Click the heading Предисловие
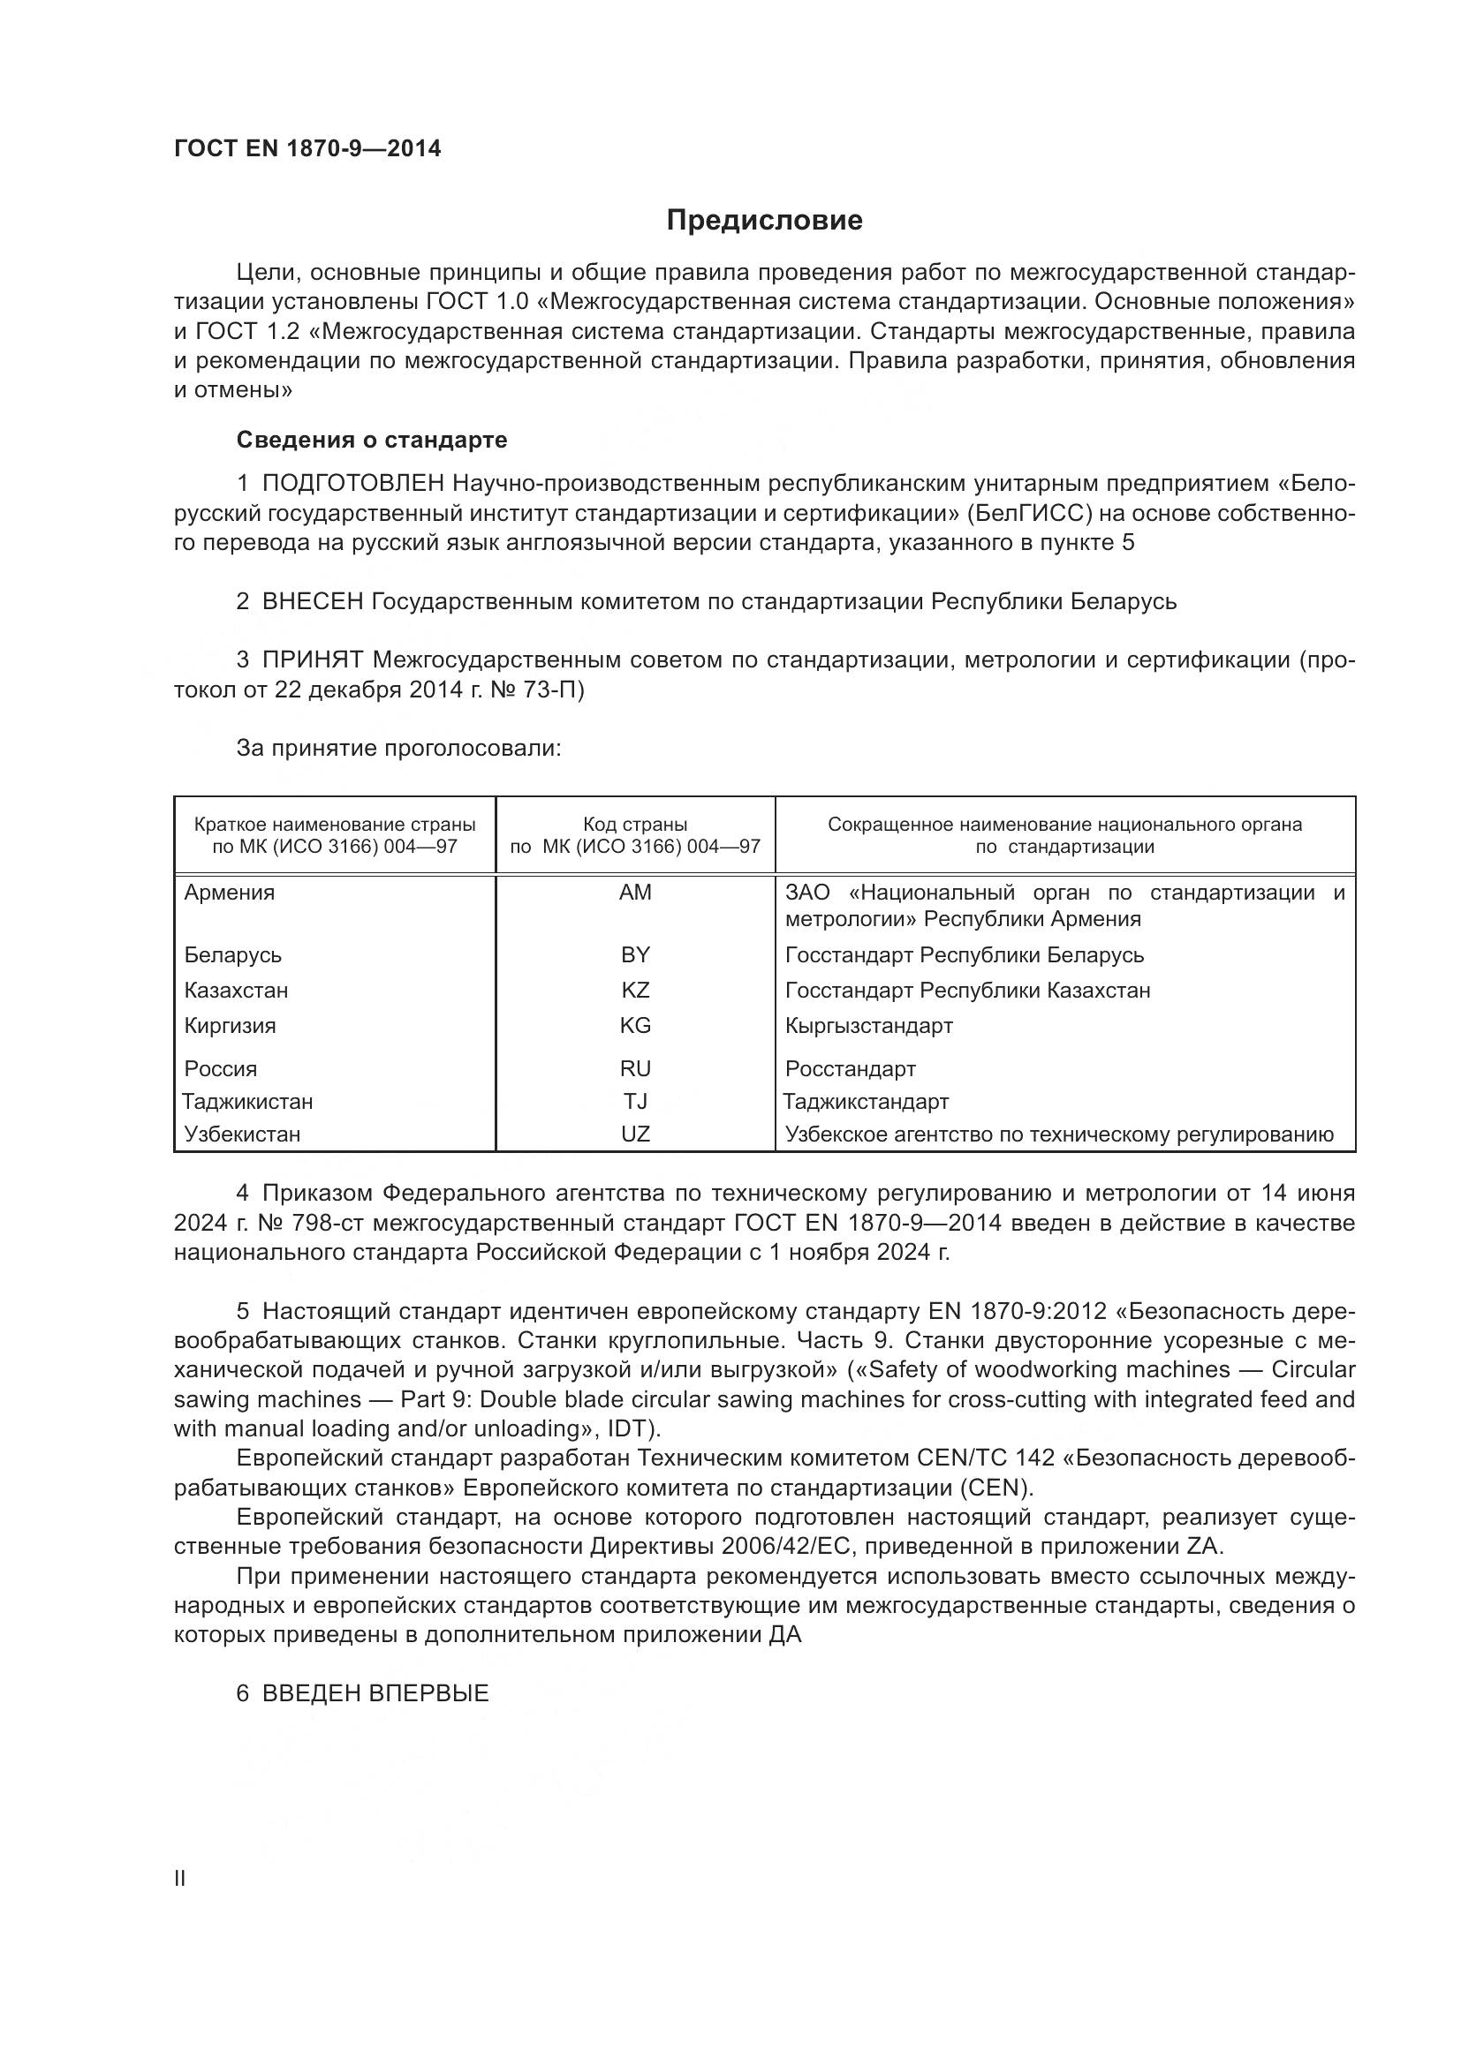pos(764,221)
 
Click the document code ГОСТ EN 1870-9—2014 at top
pos(307,149)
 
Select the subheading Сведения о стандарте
pos(372,440)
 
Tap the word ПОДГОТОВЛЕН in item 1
pos(352,484)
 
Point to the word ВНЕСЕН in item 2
pos(312,602)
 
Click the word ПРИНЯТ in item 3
pos(312,660)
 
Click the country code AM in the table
pos(635,893)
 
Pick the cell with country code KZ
pos(635,991)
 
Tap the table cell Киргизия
pos(231,1025)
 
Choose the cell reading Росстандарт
pos(850,1068)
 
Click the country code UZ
pos(635,1134)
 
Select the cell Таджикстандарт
pos(866,1102)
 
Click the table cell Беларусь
pos(233,954)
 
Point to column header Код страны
pos(635,825)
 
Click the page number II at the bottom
pos(180,1878)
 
